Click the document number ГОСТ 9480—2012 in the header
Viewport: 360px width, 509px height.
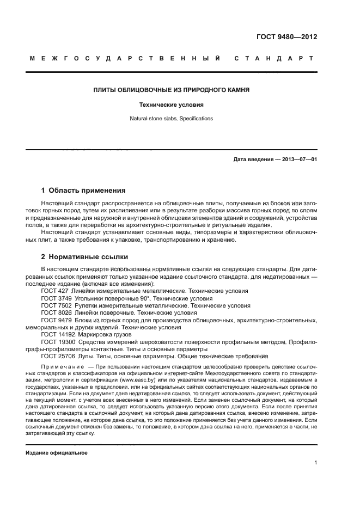coord(286,38)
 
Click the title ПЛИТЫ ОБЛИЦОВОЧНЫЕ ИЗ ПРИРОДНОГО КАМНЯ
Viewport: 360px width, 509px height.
coord(180,90)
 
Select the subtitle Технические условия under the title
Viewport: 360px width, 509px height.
coord(180,104)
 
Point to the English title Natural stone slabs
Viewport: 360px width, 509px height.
coord(162,118)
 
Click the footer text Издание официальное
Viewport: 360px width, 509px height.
coord(56,453)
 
